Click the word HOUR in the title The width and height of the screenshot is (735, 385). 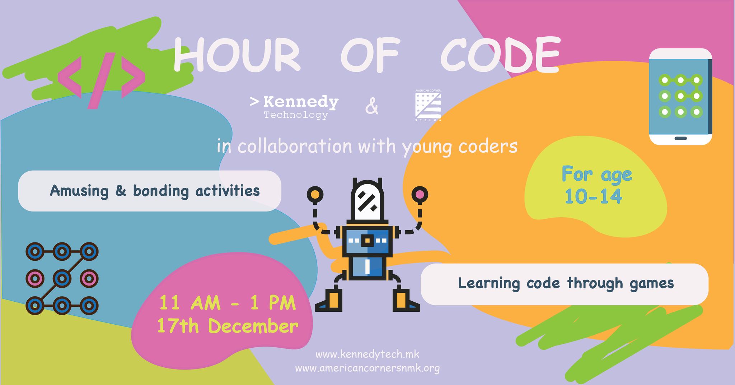click(x=237, y=56)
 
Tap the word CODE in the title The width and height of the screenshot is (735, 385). click(x=500, y=56)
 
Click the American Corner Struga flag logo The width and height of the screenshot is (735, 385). click(x=428, y=105)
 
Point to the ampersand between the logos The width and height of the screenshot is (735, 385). click(x=372, y=107)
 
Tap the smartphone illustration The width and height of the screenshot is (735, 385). click(x=681, y=97)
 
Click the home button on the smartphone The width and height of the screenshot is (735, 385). click(x=681, y=138)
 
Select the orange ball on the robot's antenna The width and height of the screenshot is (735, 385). click(x=315, y=194)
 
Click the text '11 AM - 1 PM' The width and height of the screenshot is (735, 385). click(x=228, y=303)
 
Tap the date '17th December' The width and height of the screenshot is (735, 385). click(x=228, y=326)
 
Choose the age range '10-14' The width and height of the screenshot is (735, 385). click(x=593, y=196)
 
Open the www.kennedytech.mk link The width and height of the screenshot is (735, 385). click(x=367, y=355)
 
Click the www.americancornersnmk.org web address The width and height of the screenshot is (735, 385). click(x=367, y=368)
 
